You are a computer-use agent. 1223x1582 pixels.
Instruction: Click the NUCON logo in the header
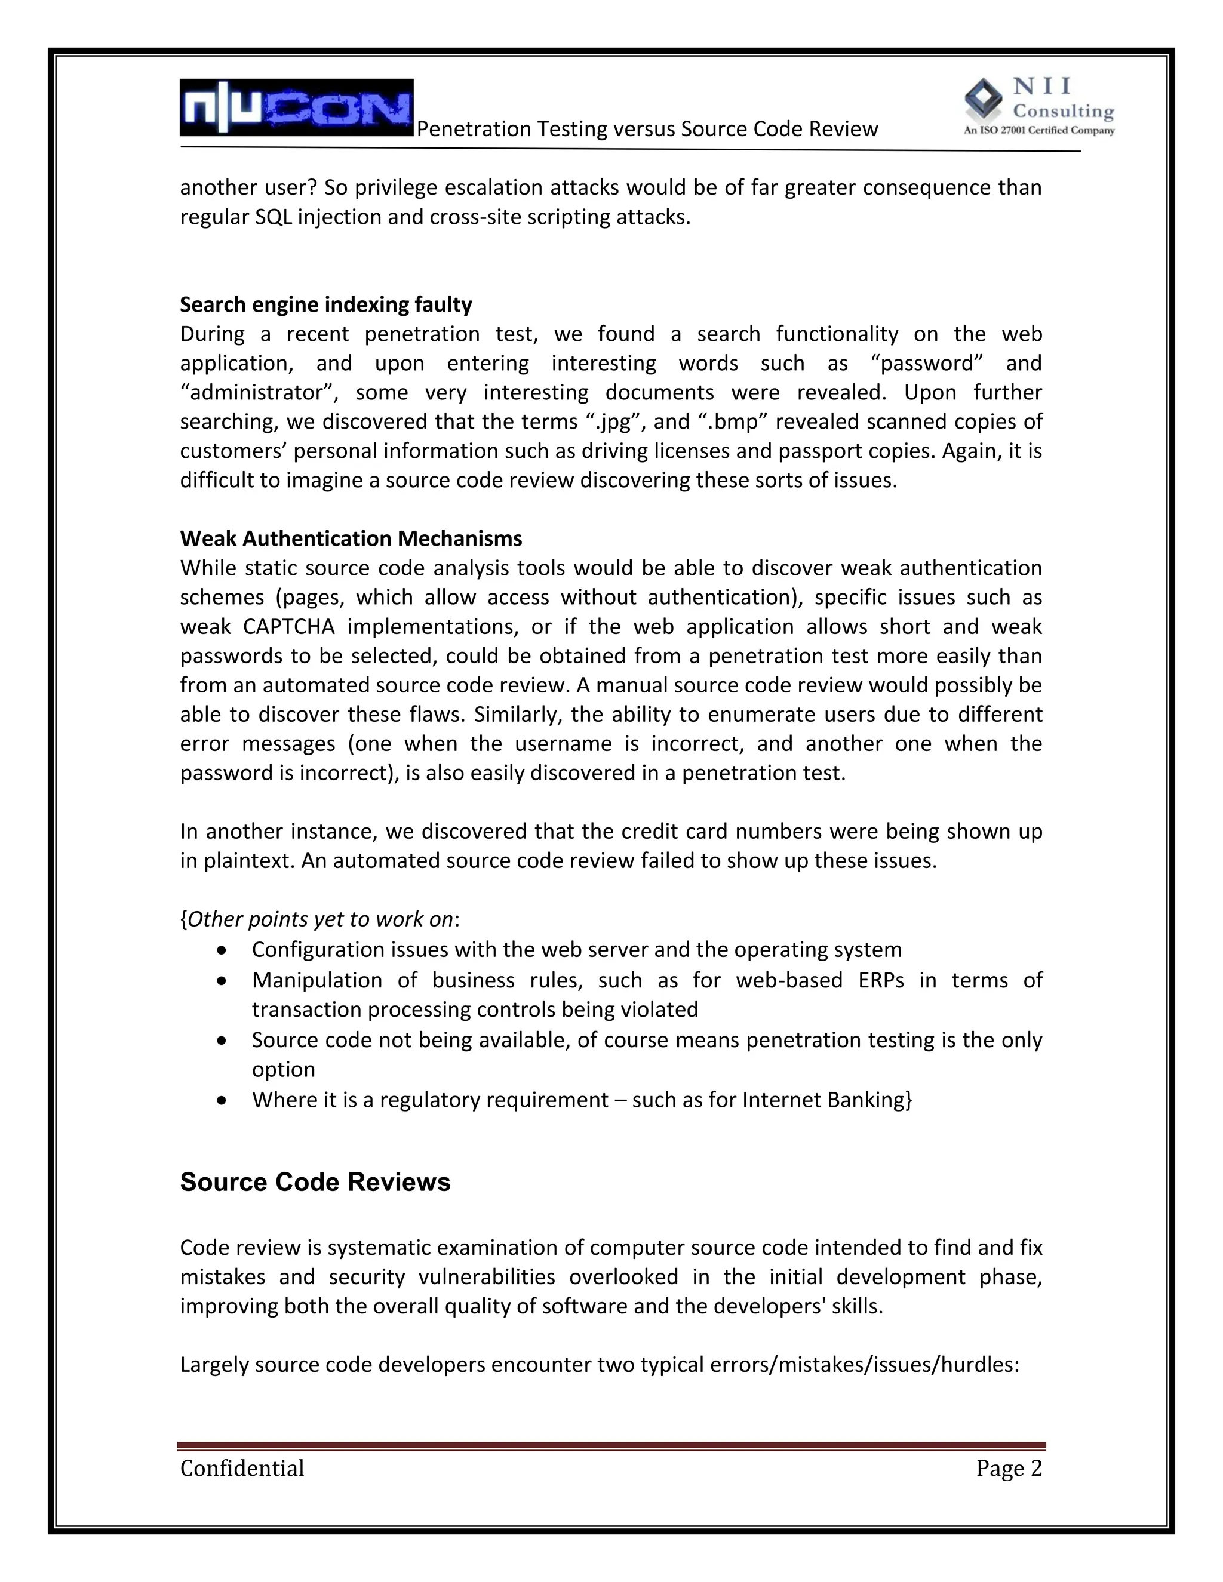coord(296,108)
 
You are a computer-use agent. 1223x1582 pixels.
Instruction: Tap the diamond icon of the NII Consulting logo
coord(984,99)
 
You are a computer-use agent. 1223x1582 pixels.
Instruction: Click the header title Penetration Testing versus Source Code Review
coord(647,129)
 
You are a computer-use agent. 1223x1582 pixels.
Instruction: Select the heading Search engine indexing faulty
coord(325,304)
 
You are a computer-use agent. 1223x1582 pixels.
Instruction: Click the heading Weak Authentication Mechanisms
coord(351,538)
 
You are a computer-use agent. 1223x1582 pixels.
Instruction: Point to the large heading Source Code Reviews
coord(315,1182)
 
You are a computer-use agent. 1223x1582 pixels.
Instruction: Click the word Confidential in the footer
coord(242,1469)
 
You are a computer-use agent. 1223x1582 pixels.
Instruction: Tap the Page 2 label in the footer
coord(1009,1469)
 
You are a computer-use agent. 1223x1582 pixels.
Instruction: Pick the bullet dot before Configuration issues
coord(222,950)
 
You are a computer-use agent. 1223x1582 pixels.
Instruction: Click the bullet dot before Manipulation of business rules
coord(222,980)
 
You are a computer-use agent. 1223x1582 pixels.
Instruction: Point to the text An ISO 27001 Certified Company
coord(1038,131)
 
